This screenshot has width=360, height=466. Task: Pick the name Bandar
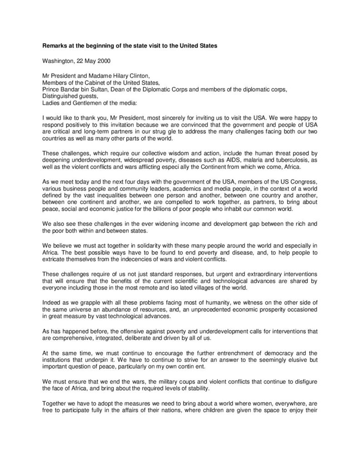[68, 90]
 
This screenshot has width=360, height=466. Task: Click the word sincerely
[157, 118]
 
